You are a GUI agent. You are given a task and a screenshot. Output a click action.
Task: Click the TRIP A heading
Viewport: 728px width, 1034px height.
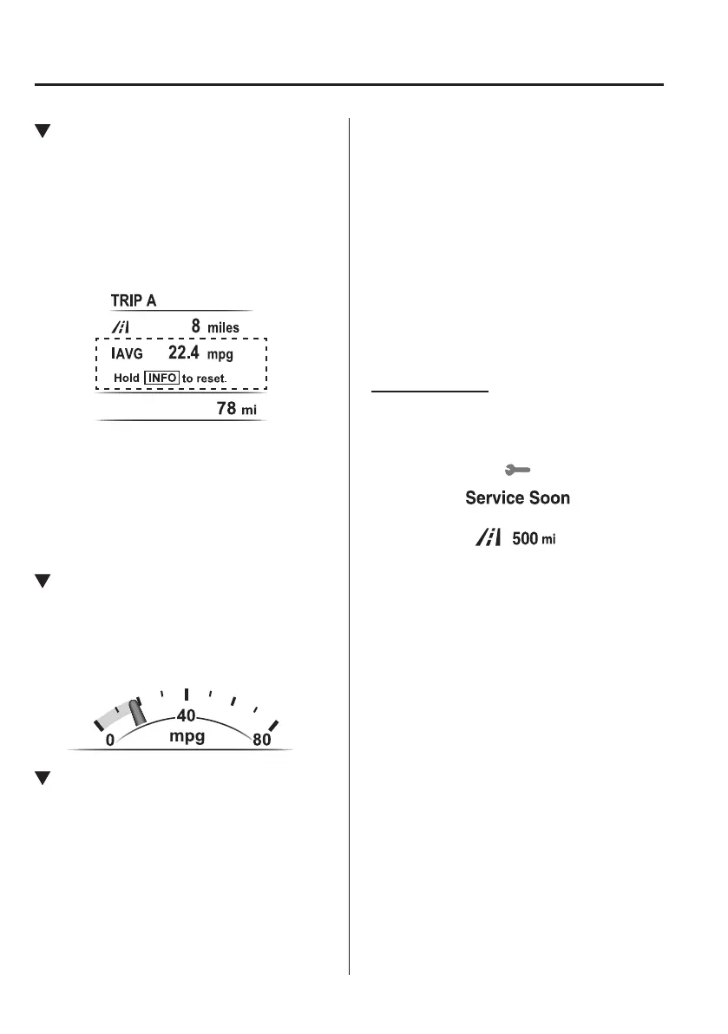tap(133, 300)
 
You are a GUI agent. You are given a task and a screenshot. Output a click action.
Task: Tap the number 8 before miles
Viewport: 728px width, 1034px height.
tap(196, 327)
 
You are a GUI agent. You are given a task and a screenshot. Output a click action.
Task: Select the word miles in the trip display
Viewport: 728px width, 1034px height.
tap(223, 328)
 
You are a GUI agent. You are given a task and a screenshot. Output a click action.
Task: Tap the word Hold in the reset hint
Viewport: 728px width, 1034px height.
tap(127, 379)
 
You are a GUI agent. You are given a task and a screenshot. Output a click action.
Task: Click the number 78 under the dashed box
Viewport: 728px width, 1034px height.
tap(226, 408)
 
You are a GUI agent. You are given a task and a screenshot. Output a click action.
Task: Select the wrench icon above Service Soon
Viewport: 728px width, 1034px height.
tap(517, 470)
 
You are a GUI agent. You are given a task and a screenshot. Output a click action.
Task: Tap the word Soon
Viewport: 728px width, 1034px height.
tap(549, 498)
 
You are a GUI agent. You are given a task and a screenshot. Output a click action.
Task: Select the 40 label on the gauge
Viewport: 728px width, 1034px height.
tap(187, 716)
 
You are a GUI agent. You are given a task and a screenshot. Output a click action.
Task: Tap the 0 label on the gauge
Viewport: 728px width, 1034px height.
tap(110, 741)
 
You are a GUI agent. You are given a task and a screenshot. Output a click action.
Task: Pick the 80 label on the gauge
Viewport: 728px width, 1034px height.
tap(262, 741)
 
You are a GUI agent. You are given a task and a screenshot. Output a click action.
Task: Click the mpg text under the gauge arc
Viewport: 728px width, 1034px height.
tap(187, 737)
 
